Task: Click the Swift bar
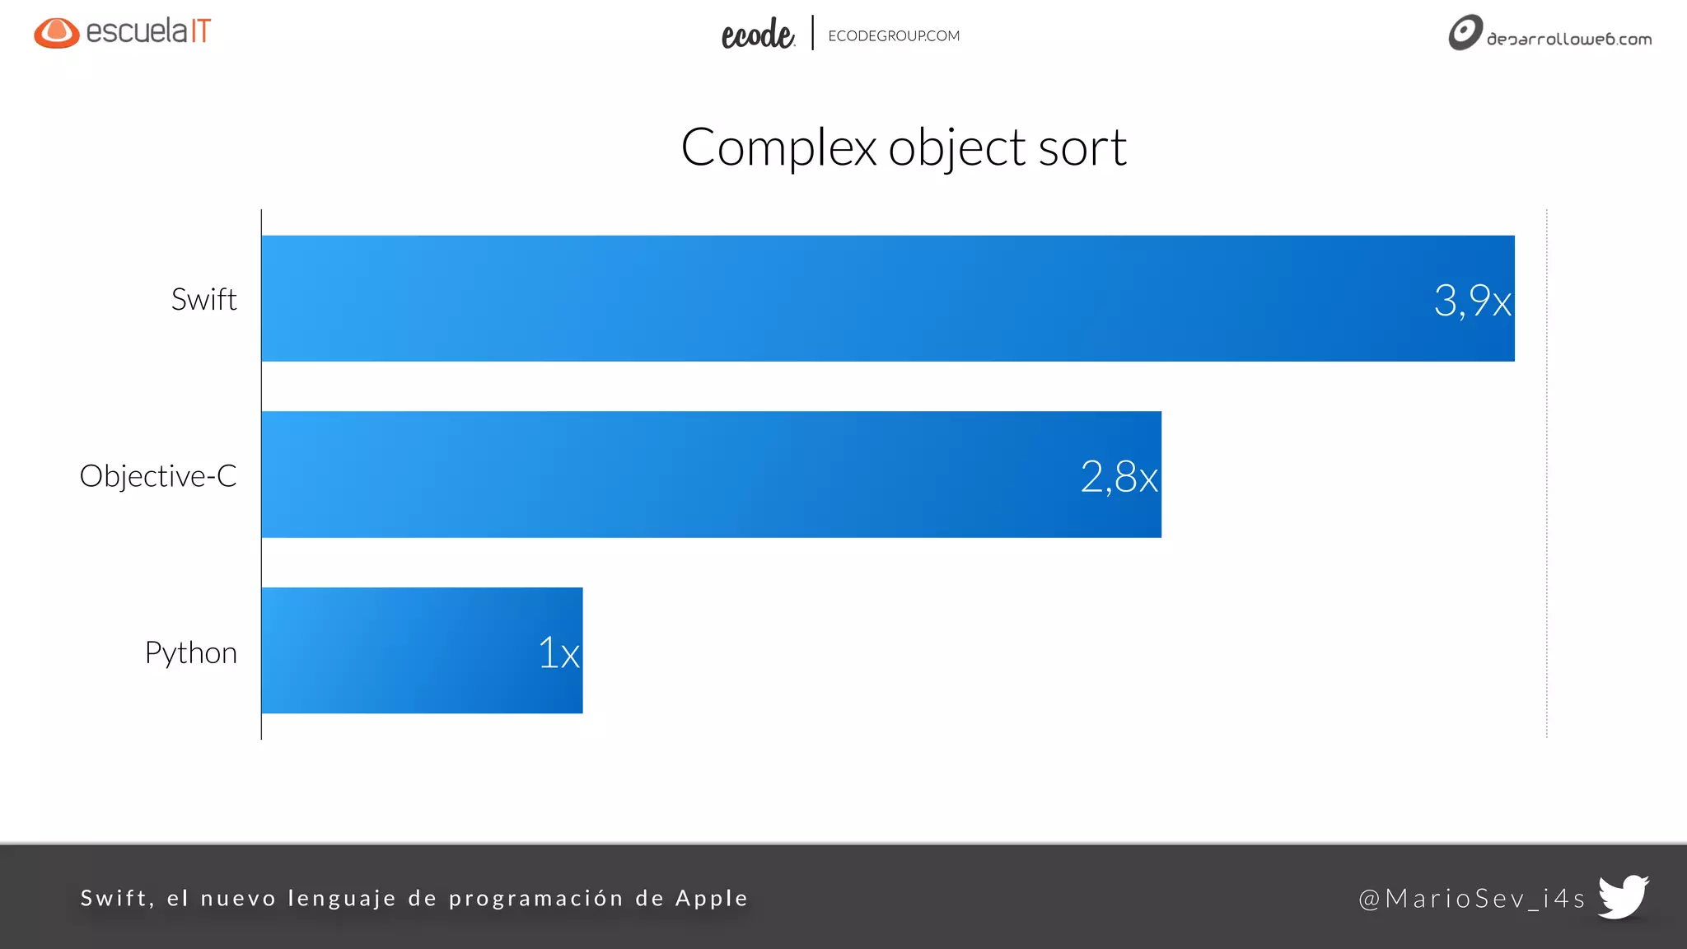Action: (x=824, y=298)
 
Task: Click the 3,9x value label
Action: (x=1472, y=300)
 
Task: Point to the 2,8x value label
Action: (x=1119, y=477)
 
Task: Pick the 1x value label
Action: (x=558, y=652)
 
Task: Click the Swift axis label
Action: (x=203, y=299)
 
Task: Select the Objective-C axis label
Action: (x=158, y=476)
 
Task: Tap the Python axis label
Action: (x=190, y=652)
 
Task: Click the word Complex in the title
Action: (x=778, y=148)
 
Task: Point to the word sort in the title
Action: (x=1082, y=148)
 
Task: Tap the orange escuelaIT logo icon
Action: (x=56, y=33)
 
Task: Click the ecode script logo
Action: (x=757, y=35)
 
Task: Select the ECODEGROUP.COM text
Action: (x=894, y=36)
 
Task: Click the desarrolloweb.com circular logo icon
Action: (x=1465, y=33)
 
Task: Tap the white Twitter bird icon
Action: (x=1623, y=895)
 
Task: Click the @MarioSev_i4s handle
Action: (x=1471, y=898)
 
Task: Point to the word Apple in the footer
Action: (x=712, y=898)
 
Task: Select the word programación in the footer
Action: (x=535, y=899)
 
